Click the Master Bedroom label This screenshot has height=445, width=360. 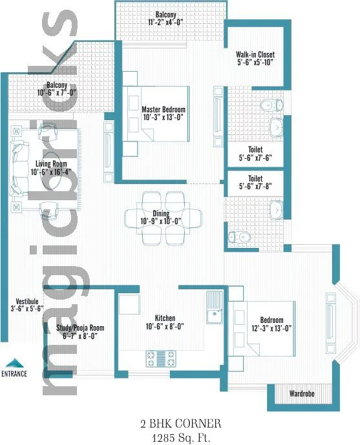pos(164,109)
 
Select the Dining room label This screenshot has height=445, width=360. pos(161,214)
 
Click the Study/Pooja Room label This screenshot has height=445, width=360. pos(76,328)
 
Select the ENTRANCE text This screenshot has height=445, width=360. pos(14,373)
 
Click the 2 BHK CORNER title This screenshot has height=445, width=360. pos(181,424)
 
